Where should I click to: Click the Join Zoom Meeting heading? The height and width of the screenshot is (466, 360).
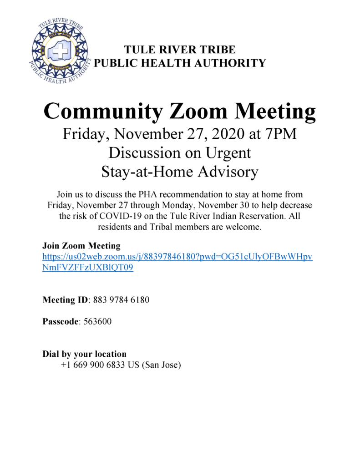pyautogui.click(x=81, y=246)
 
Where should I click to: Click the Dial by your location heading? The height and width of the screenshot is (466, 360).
pyautogui.click(x=85, y=354)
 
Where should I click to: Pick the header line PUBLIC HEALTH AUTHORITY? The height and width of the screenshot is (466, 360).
pyautogui.click(x=180, y=63)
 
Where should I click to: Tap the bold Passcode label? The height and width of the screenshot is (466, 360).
pyautogui.click(x=61, y=322)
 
